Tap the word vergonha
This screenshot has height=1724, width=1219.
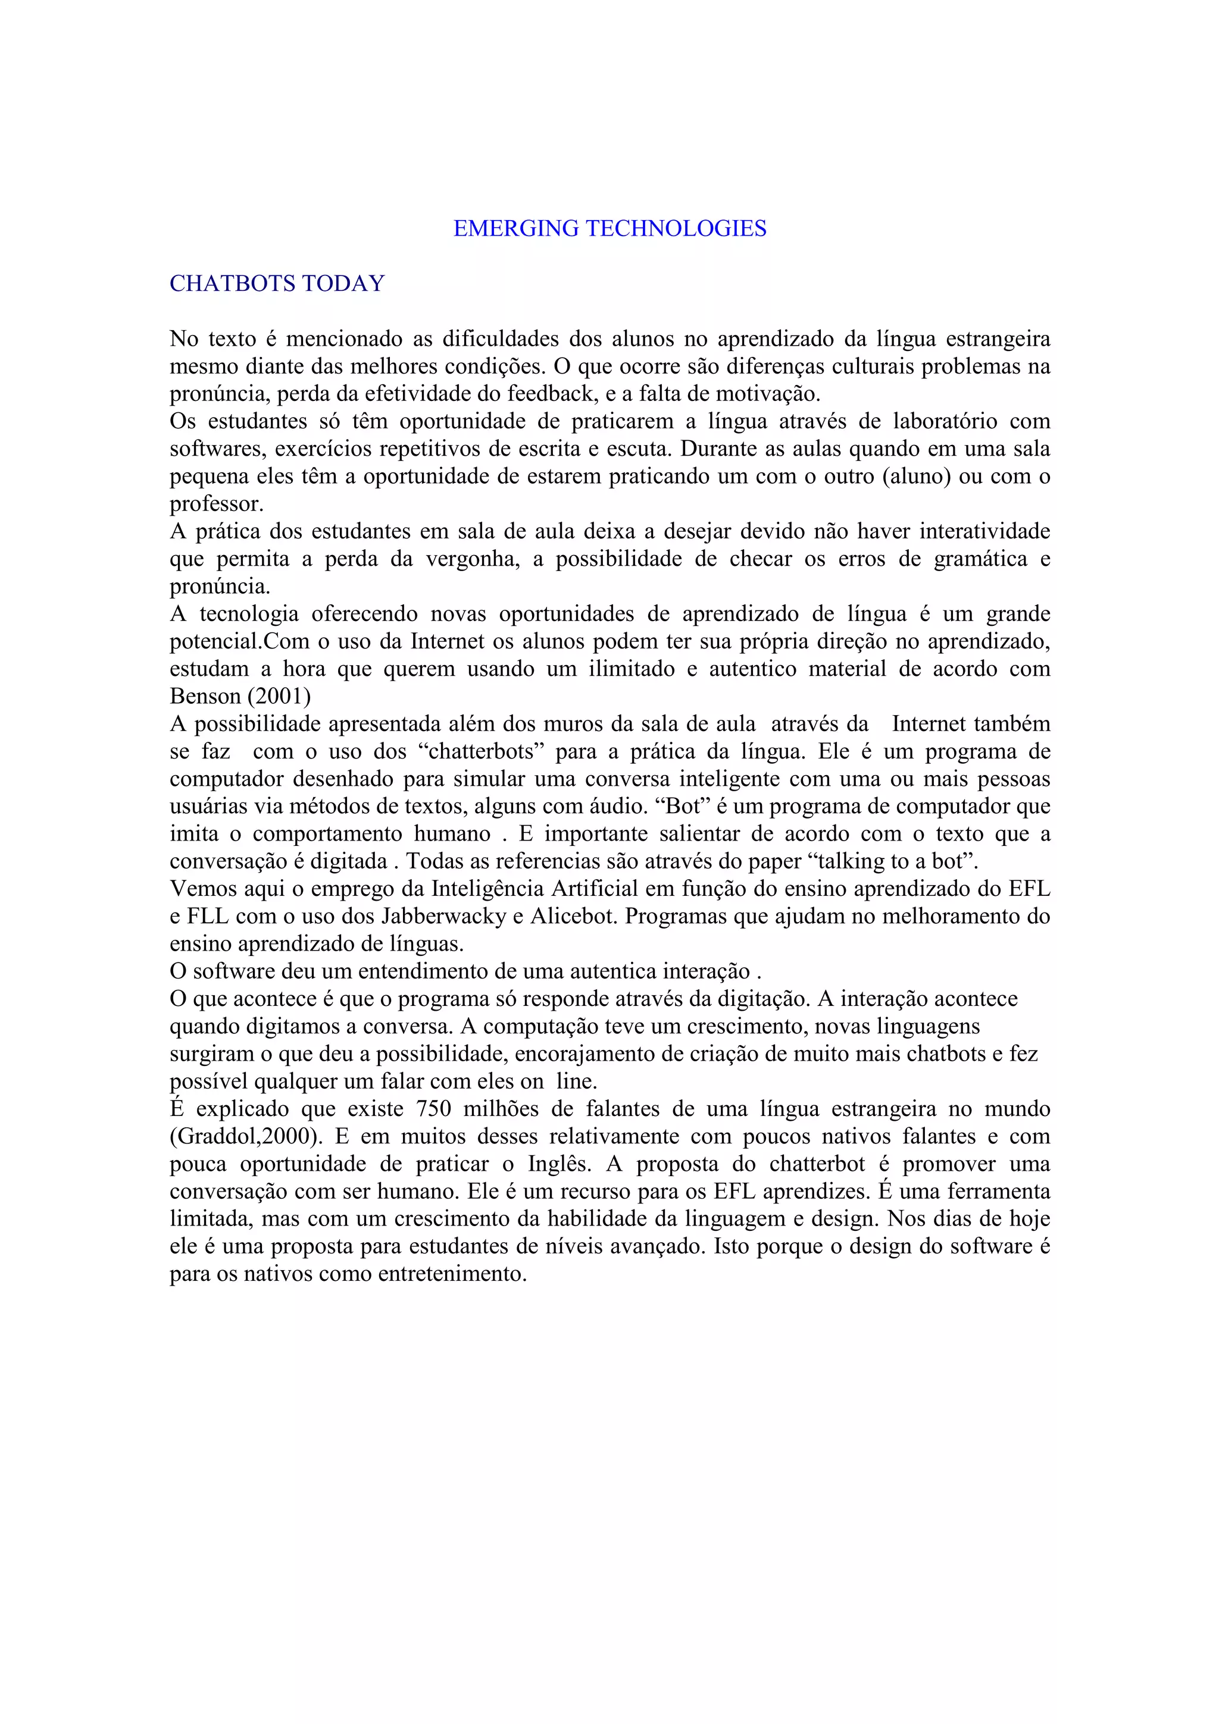click(473, 559)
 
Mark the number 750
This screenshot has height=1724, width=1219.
click(433, 1109)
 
